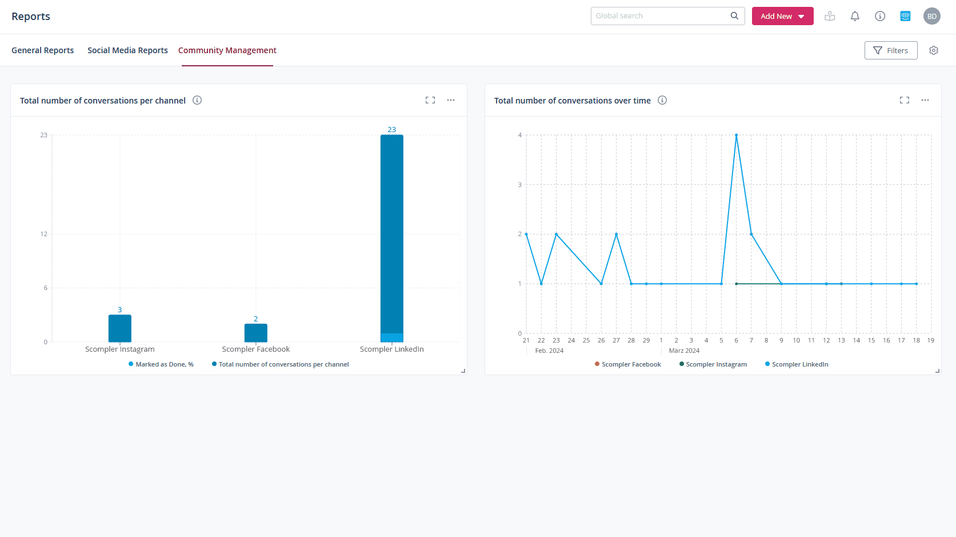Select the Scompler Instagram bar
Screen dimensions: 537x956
(120, 328)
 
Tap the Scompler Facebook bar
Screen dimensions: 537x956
(256, 333)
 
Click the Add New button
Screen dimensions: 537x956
(782, 16)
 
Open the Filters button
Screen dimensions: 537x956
(890, 50)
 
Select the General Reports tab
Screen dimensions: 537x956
(43, 50)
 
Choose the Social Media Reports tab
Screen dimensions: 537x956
(127, 50)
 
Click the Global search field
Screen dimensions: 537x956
(662, 16)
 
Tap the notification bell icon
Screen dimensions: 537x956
(855, 16)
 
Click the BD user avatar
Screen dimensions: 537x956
(931, 16)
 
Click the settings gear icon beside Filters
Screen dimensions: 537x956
(934, 50)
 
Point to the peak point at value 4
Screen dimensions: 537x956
(736, 136)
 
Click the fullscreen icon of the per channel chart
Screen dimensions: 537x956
(430, 100)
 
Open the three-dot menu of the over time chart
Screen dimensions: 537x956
(925, 100)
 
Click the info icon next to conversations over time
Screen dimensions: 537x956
(662, 100)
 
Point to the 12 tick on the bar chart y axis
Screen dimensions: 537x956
(44, 234)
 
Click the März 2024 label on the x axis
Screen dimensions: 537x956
(684, 351)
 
